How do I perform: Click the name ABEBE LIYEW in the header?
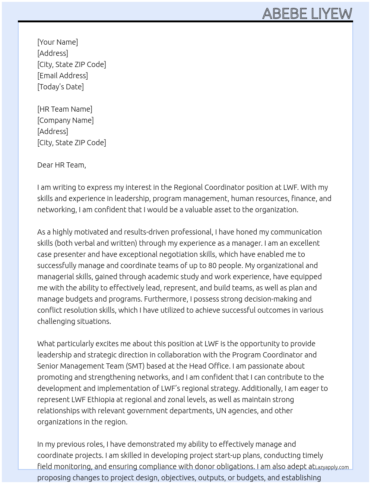307,14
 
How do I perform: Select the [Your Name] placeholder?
58,42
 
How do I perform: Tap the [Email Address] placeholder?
63,76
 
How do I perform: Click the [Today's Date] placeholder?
60,87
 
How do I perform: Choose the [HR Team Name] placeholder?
65,109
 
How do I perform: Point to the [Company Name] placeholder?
66,120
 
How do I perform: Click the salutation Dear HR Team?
61,165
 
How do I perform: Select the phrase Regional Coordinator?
209,187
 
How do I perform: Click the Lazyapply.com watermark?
332,467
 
